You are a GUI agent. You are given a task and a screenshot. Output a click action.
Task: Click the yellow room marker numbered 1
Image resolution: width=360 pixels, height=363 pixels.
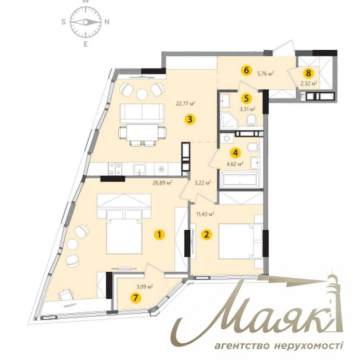(x=160, y=235)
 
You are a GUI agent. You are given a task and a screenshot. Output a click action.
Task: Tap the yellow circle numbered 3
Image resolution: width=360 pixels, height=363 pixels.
(x=190, y=119)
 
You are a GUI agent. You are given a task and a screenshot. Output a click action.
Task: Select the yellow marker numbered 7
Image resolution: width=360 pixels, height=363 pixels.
(x=135, y=298)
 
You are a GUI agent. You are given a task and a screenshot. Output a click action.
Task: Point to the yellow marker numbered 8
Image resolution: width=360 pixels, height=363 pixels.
(x=308, y=73)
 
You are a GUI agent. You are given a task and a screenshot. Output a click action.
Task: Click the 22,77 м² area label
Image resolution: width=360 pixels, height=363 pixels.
(x=185, y=103)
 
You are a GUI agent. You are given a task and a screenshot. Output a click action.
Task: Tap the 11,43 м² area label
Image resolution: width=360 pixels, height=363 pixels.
(x=205, y=214)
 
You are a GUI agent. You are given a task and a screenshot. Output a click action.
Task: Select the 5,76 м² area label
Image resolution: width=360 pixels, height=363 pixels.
(x=266, y=74)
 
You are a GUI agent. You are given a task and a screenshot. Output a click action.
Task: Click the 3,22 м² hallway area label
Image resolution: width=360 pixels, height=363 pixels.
(x=203, y=183)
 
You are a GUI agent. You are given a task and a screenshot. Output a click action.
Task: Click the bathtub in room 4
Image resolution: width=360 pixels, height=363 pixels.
(x=240, y=179)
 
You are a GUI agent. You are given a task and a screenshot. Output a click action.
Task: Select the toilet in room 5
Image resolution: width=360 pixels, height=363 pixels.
(x=252, y=121)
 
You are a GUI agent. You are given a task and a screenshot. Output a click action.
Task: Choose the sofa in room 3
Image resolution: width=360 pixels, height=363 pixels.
(x=142, y=114)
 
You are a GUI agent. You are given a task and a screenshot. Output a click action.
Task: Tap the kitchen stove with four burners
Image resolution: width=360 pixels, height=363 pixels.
(x=115, y=169)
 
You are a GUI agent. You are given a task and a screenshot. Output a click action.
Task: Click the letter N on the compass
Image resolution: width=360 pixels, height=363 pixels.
(x=107, y=22)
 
